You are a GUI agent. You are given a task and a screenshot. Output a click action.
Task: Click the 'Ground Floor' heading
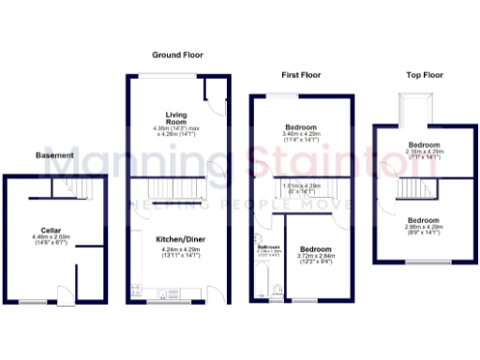point(177,55)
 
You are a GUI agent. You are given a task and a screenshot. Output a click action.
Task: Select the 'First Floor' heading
point(301,73)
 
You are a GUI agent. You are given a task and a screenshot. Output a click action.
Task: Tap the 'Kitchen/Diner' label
point(177,239)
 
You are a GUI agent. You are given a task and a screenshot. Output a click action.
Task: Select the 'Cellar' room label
point(51,230)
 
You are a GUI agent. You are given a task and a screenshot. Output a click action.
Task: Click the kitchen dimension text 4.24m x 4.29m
point(177,251)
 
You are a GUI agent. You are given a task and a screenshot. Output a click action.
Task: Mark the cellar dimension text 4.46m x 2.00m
point(51,241)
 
